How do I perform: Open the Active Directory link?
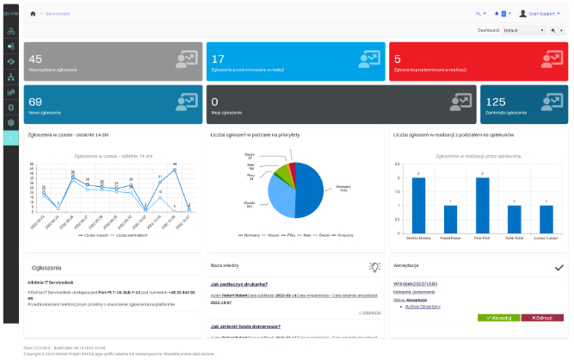(423, 306)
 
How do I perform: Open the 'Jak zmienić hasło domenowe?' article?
(244, 327)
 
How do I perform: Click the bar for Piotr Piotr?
(483, 204)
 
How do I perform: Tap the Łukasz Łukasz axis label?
(546, 236)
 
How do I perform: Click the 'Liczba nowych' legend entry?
(95, 234)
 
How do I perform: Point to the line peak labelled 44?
(175, 167)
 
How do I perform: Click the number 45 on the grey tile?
(36, 59)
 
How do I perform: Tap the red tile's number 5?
(398, 59)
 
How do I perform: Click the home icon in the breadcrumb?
(33, 14)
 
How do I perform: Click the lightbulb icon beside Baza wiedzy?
(374, 268)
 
